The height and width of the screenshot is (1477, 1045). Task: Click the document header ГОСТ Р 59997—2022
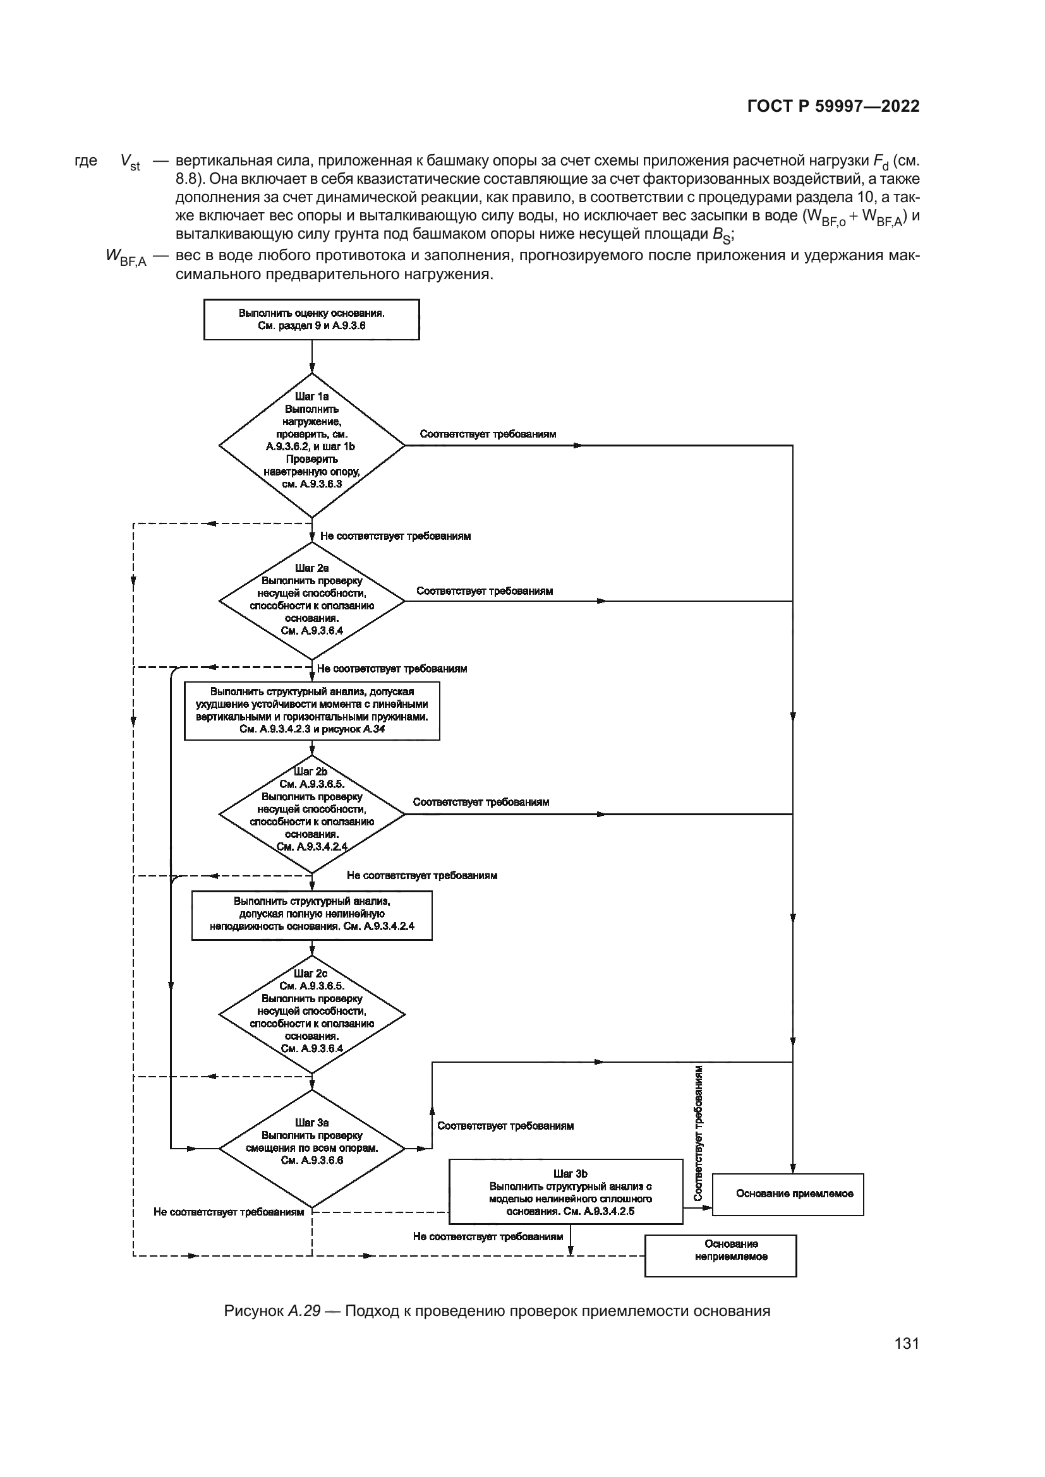click(x=833, y=106)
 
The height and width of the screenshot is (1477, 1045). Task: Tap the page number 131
click(x=906, y=1344)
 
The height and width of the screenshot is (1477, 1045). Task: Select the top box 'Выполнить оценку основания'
click(x=311, y=320)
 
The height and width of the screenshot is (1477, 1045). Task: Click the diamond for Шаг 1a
click(x=311, y=445)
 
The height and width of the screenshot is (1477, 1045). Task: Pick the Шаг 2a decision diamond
click(x=311, y=601)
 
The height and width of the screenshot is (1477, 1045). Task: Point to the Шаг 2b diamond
click(x=311, y=814)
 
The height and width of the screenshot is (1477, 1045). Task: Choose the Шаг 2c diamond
click(x=311, y=1016)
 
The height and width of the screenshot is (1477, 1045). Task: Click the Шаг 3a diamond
click(x=311, y=1148)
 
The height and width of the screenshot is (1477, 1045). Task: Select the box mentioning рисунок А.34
click(x=311, y=711)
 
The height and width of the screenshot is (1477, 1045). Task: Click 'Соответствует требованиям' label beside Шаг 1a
click(x=488, y=434)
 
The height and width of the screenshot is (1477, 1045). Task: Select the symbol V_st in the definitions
click(x=130, y=162)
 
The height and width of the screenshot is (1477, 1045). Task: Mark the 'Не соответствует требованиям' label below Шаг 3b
click(x=488, y=1236)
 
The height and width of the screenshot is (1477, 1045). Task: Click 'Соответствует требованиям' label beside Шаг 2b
click(x=481, y=802)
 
